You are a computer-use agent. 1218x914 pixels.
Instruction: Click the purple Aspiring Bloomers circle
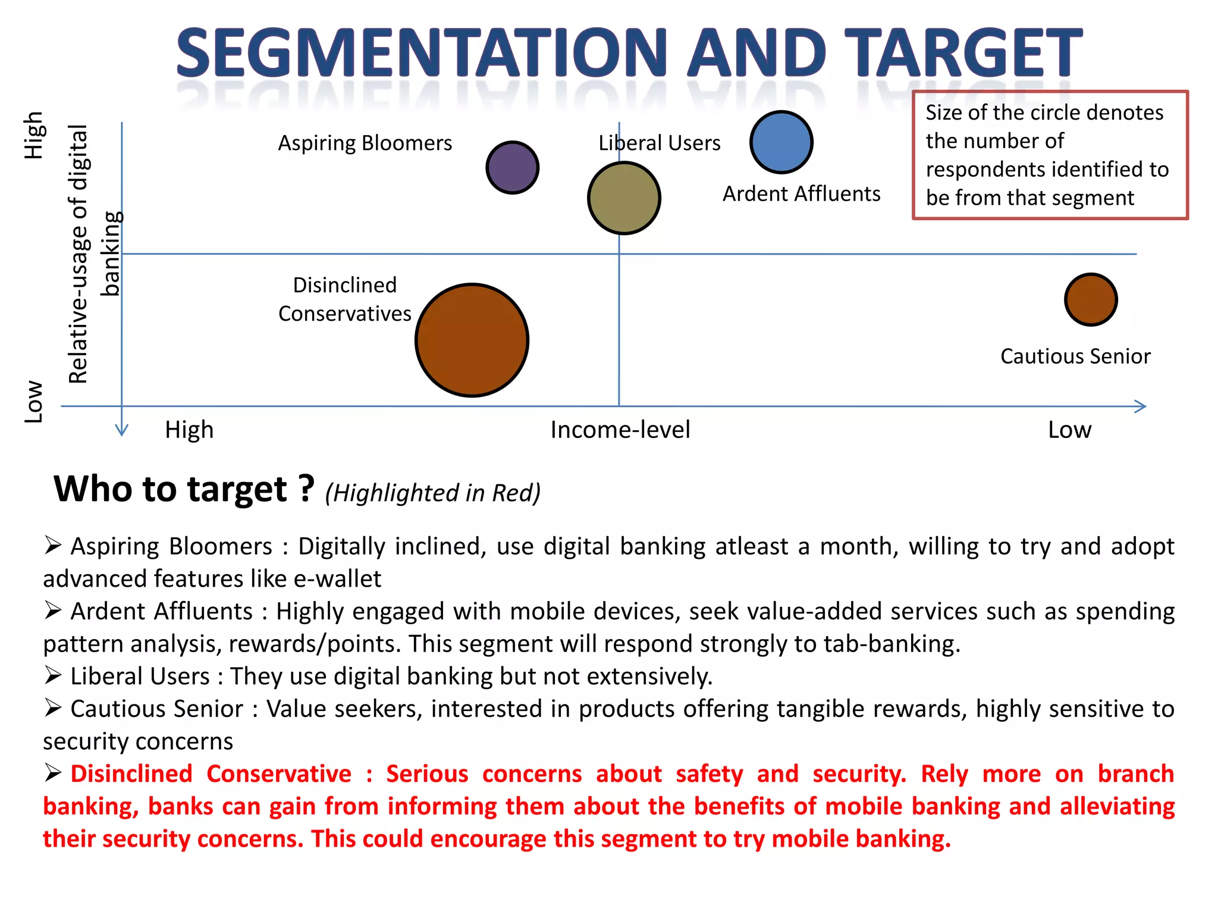512,167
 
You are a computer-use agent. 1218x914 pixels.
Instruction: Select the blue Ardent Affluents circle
781,142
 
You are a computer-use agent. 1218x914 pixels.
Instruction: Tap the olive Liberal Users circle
624,198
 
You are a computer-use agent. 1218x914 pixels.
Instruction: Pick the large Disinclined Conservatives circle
472,340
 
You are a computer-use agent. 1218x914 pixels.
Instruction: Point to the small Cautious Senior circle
1091,299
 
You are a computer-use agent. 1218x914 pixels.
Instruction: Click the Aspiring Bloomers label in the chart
365,143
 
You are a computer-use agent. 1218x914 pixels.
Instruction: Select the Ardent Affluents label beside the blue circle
801,194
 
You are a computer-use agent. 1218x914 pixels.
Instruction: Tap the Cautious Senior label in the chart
1075,356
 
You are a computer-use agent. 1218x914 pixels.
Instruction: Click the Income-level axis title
620,430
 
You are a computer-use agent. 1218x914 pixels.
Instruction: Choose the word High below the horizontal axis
189,430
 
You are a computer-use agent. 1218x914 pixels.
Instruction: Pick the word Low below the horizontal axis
1069,430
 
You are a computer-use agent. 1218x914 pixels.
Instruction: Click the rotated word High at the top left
34,135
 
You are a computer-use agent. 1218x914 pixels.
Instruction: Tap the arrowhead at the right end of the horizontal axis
1141,406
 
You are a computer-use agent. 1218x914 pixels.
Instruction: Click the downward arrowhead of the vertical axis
122,430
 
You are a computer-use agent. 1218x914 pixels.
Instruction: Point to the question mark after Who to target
306,489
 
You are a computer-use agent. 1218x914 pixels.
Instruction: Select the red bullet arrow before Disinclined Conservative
53,773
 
